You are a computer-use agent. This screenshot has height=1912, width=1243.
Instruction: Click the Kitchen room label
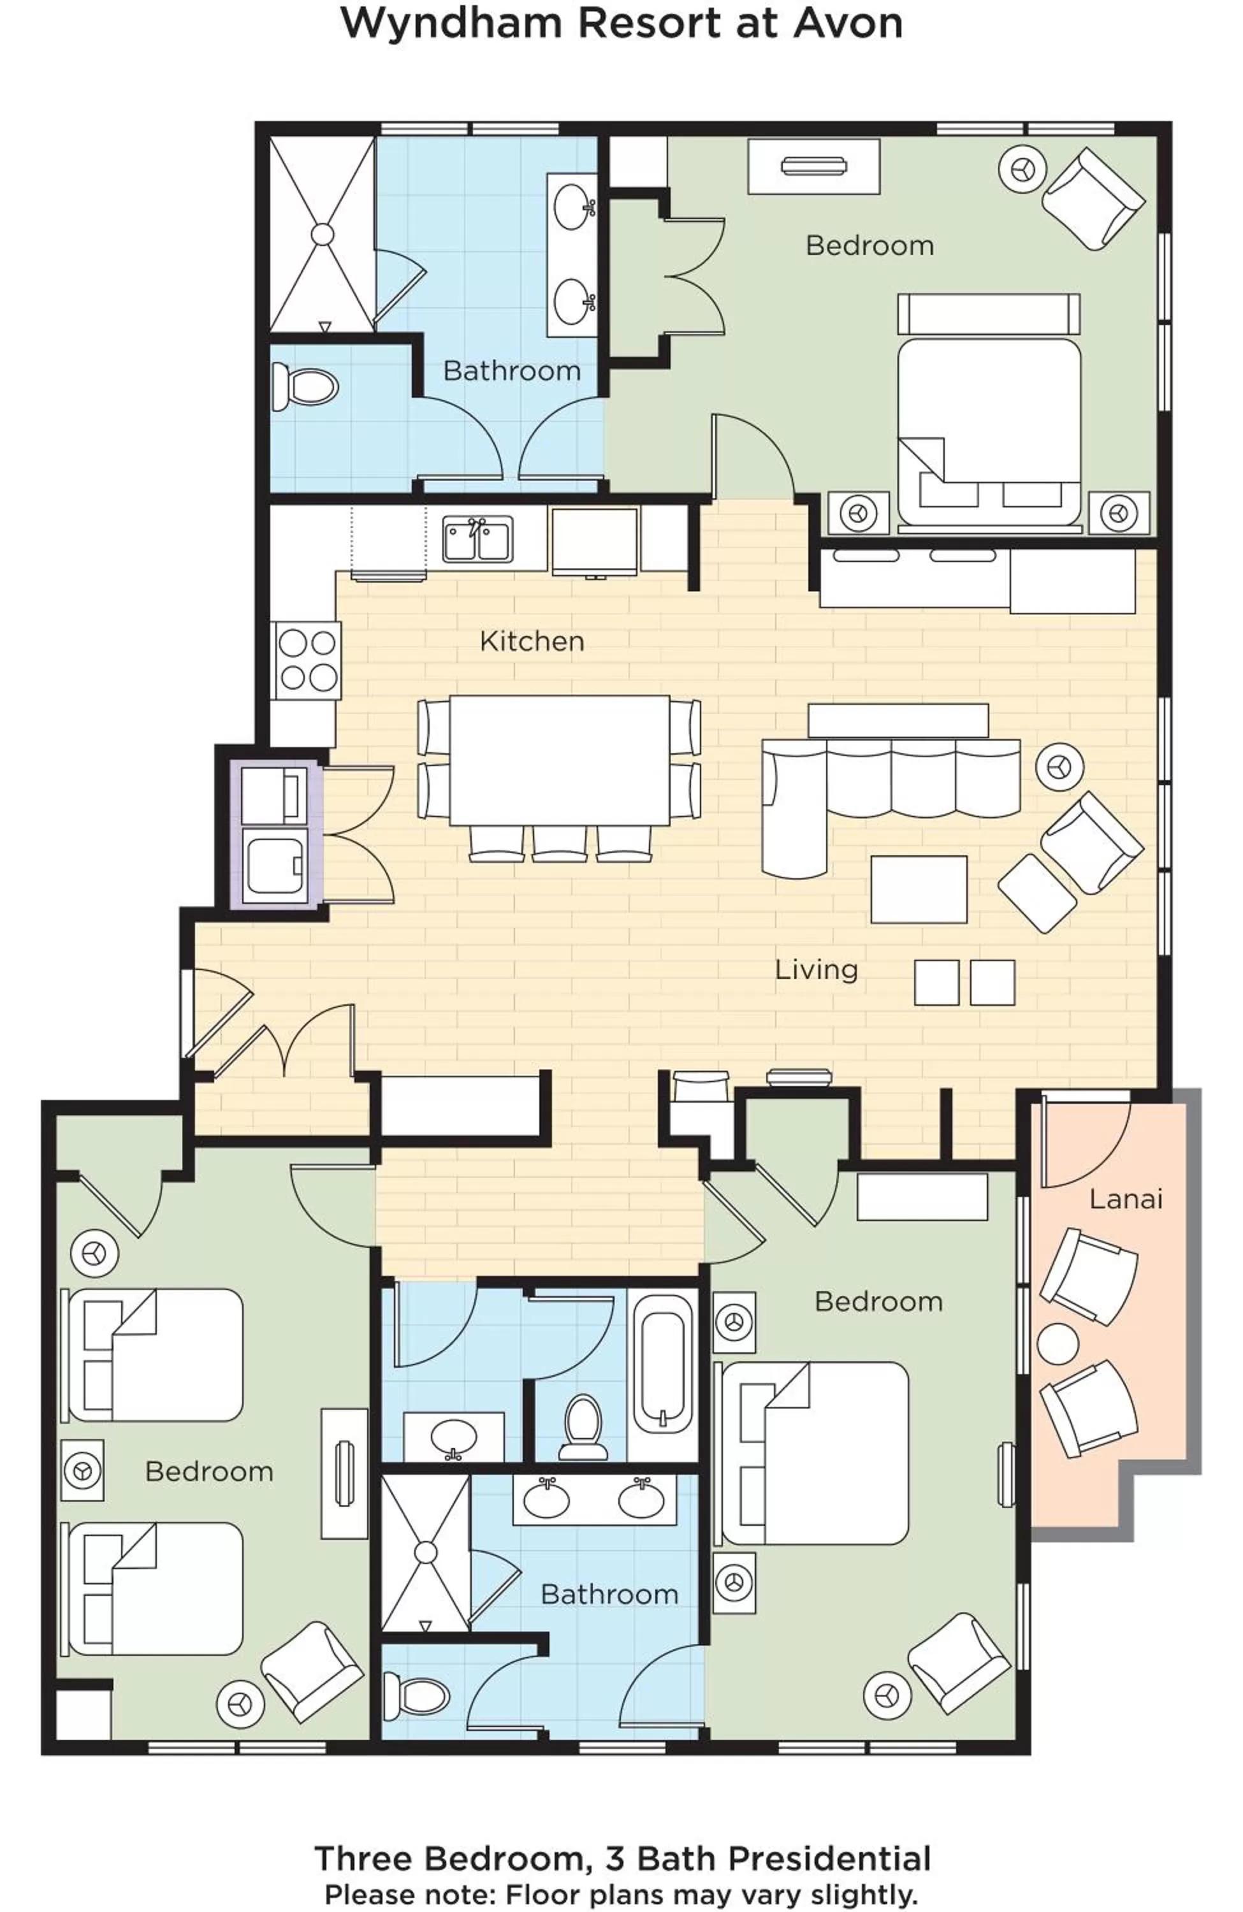(x=531, y=641)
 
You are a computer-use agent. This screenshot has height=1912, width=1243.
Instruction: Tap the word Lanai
(x=1125, y=1199)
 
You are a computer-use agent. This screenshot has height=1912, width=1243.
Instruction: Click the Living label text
(x=815, y=969)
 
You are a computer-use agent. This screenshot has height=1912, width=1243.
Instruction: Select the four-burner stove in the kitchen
(x=307, y=660)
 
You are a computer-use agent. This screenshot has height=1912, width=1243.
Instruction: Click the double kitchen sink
(x=477, y=539)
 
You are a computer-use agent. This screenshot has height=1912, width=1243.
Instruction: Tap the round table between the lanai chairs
(x=1058, y=1344)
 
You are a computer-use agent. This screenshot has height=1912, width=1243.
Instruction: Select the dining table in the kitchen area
(x=559, y=760)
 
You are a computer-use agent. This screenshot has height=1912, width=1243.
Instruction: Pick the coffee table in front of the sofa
(x=919, y=888)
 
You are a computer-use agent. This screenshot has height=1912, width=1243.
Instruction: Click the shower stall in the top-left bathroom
(x=322, y=234)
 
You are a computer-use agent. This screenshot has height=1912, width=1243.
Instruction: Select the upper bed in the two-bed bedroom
(x=152, y=1355)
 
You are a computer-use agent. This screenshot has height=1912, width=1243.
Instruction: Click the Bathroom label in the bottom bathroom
(x=608, y=1594)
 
